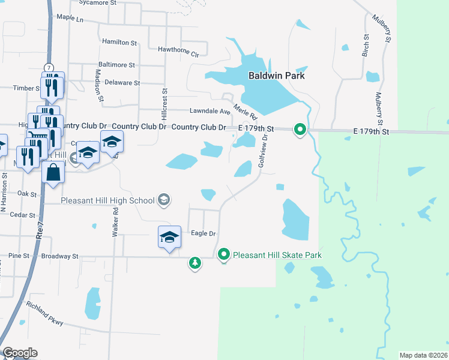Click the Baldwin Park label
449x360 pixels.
(x=277, y=76)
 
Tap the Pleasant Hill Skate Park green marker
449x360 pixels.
(x=224, y=255)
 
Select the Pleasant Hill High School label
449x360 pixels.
(x=108, y=200)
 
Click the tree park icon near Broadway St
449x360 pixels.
(x=194, y=263)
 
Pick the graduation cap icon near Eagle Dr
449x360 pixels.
(x=169, y=236)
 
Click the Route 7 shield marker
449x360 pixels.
(x=48, y=67)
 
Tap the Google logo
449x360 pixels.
(x=20, y=353)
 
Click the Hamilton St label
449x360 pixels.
(x=115, y=42)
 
